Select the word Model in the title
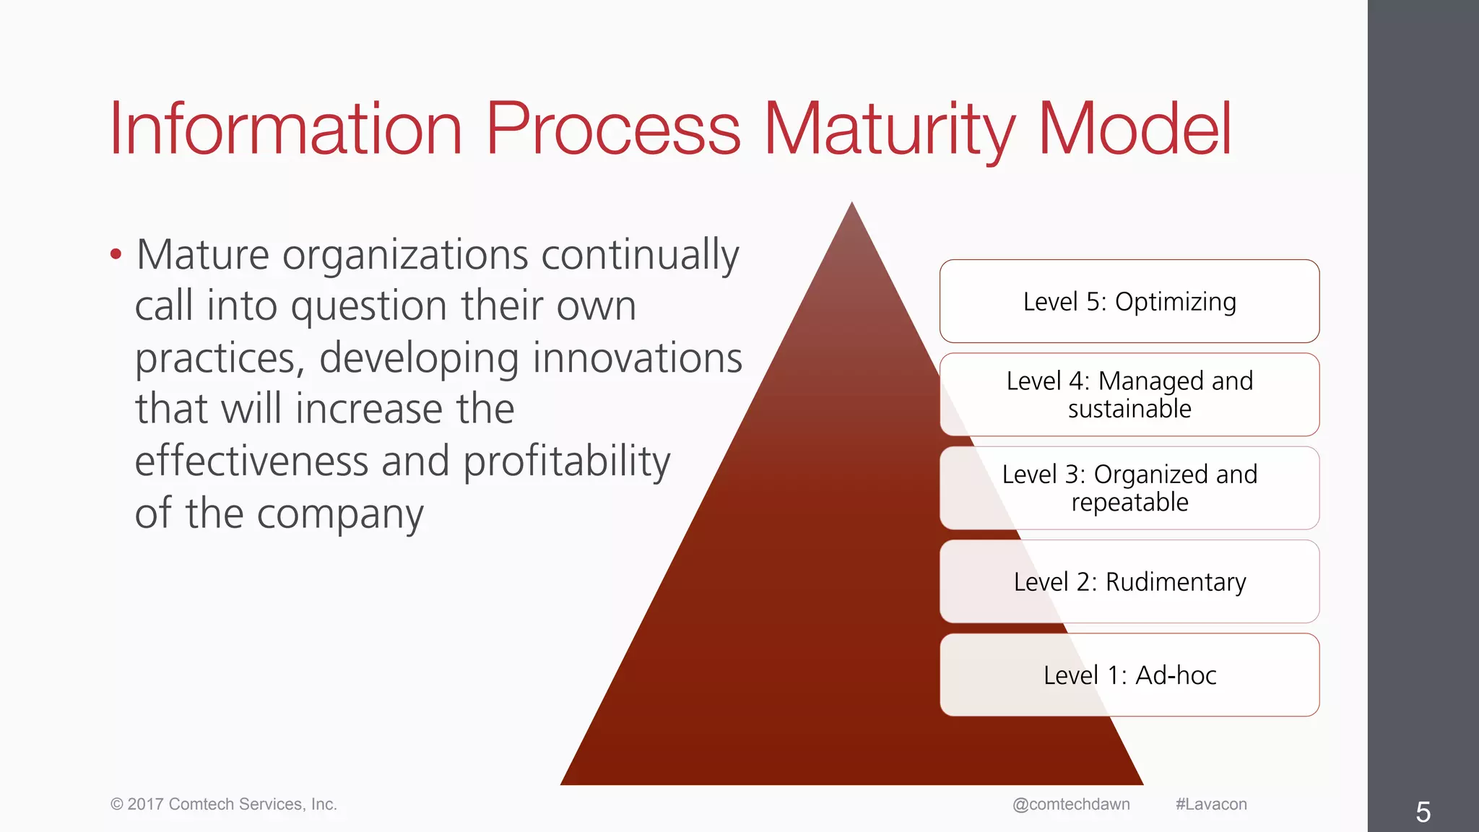point(1135,130)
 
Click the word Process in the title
point(613,130)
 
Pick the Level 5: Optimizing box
point(1129,301)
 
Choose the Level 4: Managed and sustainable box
point(1129,394)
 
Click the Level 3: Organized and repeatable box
point(1129,487)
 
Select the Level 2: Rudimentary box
point(1129,581)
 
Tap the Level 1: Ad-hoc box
point(1129,675)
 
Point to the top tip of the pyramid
point(852,204)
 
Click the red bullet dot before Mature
point(116,254)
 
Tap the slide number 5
point(1423,812)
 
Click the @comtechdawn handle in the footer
point(1071,805)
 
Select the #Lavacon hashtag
point(1211,805)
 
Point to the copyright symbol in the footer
point(116,805)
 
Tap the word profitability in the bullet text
point(566,461)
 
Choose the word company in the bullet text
point(340,514)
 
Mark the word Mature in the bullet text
point(203,255)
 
